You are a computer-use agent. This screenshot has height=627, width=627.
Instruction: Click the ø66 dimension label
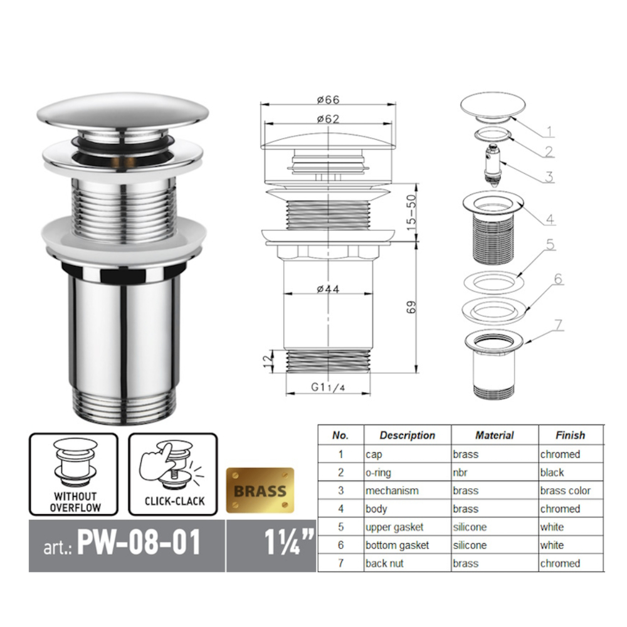(x=328, y=99)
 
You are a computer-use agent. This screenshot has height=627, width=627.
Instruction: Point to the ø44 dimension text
(x=328, y=288)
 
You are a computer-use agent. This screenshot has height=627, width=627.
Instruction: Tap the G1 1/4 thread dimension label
(x=328, y=387)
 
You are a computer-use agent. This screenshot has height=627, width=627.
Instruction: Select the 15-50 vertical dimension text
(x=411, y=212)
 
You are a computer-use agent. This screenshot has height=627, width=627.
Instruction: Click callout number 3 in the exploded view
(x=549, y=177)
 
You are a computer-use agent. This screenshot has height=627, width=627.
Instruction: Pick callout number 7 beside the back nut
(x=558, y=325)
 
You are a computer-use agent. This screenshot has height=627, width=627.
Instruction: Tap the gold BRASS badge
(x=260, y=490)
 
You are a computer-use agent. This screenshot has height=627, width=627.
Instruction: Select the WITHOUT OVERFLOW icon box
(x=73, y=474)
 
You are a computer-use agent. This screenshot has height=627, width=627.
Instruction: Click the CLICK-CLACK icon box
(x=173, y=474)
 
